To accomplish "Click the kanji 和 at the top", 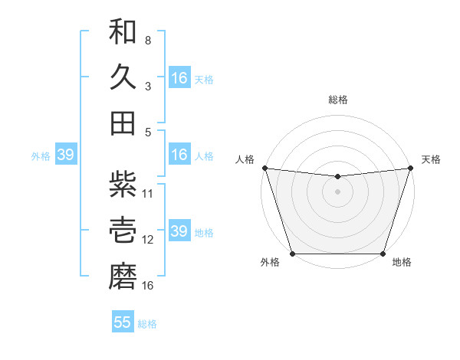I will pos(123,33).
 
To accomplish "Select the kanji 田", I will pos(123,123).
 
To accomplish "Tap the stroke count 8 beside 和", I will pos(148,40).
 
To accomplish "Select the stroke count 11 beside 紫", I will pos(149,193).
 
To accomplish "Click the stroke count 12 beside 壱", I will pos(149,239).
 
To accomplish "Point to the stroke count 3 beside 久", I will pos(148,86).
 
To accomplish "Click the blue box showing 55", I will pos(123,322).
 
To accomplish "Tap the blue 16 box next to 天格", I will pos(179,77).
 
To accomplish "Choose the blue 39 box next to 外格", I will pos(65,155).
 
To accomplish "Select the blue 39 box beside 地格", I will pos(179,231).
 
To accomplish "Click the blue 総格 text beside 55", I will pos(147,324).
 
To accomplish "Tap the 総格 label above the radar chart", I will pos(337,100).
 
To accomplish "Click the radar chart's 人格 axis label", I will pos(245,159).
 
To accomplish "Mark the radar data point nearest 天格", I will pos(410,168).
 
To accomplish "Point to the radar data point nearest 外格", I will pos(292,254).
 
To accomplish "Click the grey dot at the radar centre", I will pos(337,191).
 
